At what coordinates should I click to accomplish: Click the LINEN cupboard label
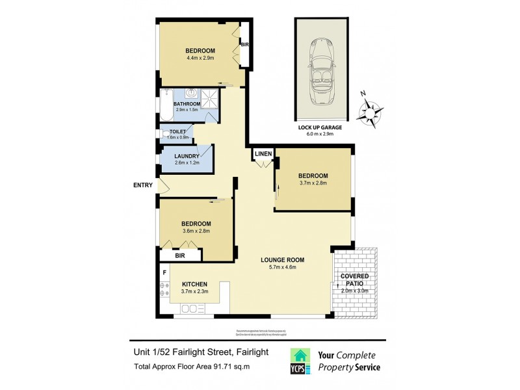pyautogui.click(x=263, y=153)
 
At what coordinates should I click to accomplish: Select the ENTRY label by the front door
pyautogui.click(x=142, y=185)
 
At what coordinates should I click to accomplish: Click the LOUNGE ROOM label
pyautogui.click(x=283, y=260)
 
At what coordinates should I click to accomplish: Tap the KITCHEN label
pyautogui.click(x=194, y=284)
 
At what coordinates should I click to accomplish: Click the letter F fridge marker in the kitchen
pyautogui.click(x=164, y=272)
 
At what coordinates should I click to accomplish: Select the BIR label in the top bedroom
pyautogui.click(x=245, y=45)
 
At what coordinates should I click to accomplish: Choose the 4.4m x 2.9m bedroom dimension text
pyautogui.click(x=200, y=58)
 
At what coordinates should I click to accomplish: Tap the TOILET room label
pyautogui.click(x=177, y=132)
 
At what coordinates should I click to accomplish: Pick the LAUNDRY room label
pyautogui.click(x=187, y=156)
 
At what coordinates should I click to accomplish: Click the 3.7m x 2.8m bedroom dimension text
pyautogui.click(x=313, y=183)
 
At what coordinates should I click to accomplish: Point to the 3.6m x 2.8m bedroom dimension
pyautogui.click(x=195, y=231)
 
